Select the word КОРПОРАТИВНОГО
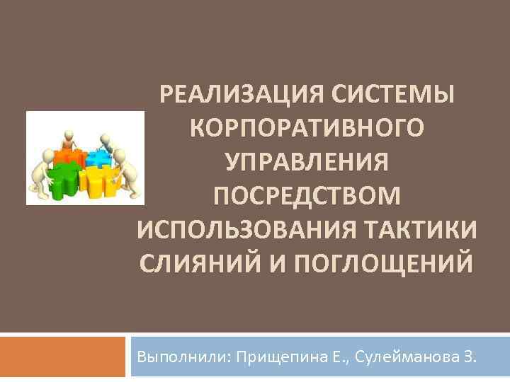308,128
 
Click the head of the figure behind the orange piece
68,132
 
